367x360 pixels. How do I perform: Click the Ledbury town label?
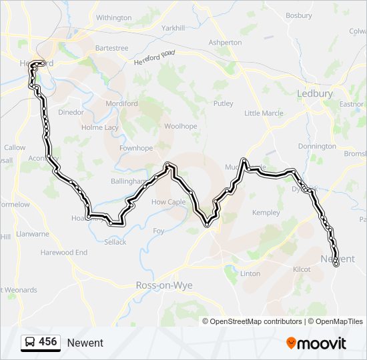[x=314, y=94]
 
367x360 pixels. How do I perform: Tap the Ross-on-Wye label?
[x=164, y=285]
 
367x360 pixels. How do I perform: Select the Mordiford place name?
[x=121, y=104]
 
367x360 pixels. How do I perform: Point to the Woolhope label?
[x=180, y=126]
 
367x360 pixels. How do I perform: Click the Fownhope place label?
[x=136, y=148]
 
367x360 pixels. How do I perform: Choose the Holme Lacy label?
[x=99, y=127]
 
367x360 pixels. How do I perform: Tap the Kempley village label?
[x=266, y=213]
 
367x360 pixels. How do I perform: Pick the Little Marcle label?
[x=264, y=113]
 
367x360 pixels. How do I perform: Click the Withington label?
[x=114, y=18]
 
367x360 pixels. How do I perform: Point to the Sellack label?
[x=115, y=242]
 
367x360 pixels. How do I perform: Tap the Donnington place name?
[x=317, y=146]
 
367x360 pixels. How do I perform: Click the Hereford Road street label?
[x=153, y=57]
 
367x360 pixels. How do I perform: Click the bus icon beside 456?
[x=30, y=342]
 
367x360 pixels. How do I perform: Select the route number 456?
[x=47, y=342]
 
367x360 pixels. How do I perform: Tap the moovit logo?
[x=316, y=343]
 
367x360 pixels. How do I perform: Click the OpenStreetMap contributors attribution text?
[x=256, y=321]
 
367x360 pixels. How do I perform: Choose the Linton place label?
[x=250, y=273]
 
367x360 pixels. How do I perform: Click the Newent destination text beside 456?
[x=85, y=343]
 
